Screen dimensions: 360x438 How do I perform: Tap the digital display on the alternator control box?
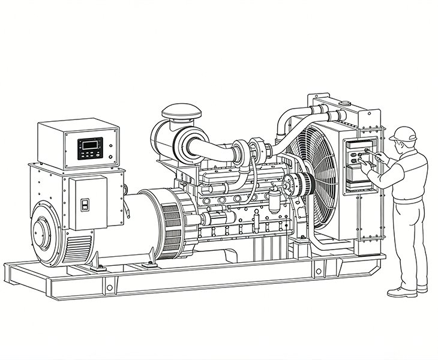[x=89, y=145]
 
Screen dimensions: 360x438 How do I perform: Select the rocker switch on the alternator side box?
[x=85, y=204]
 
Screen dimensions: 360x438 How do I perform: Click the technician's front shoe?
[x=401, y=292]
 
